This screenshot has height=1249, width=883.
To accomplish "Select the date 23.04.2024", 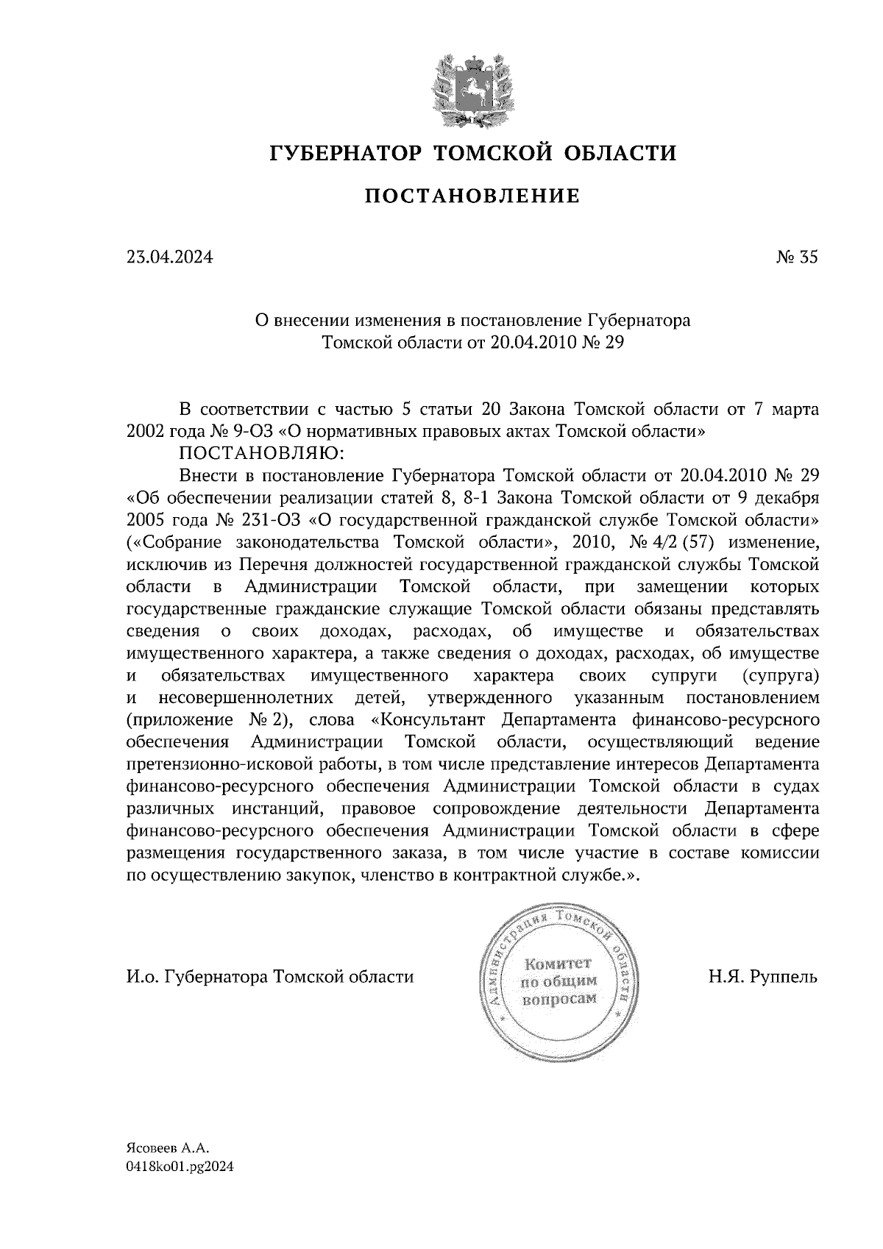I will click(x=169, y=257).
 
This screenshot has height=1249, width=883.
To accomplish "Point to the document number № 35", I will click(x=796, y=257).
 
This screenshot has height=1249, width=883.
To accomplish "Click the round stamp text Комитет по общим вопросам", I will click(x=558, y=981).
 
